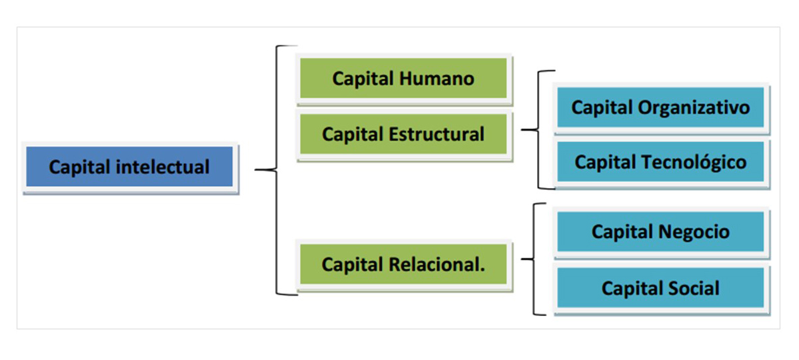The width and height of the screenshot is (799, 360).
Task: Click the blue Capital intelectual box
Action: click(129, 167)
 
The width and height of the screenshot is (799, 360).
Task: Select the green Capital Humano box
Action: click(403, 79)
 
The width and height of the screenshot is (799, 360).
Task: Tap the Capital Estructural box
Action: click(403, 135)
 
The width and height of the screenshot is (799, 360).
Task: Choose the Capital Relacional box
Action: click(403, 265)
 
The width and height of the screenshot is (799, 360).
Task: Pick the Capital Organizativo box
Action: click(660, 107)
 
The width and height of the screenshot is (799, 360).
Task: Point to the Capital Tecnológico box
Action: click(660, 162)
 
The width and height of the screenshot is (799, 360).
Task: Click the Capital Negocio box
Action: click(660, 232)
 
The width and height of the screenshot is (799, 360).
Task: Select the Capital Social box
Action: click(660, 289)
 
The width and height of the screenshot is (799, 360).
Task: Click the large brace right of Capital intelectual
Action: click(275, 170)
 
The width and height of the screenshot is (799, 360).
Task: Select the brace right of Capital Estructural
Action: click(537, 130)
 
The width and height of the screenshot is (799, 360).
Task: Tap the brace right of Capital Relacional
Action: click(535, 259)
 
